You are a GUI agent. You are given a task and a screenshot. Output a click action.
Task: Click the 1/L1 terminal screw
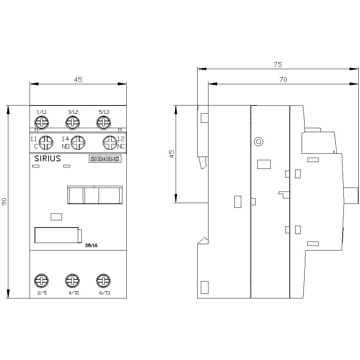pyautogui.click(x=41, y=122)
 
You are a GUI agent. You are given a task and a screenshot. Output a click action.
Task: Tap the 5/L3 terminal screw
pyautogui.click(x=103, y=122)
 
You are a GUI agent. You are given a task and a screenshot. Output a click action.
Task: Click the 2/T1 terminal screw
pyautogui.click(x=41, y=280)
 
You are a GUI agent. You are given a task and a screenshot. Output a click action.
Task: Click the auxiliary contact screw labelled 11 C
pyautogui.click(x=46, y=143)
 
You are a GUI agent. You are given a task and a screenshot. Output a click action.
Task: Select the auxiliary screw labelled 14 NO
pyautogui.click(x=77, y=143)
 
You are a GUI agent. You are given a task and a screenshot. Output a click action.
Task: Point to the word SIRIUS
pyautogui.click(x=47, y=159)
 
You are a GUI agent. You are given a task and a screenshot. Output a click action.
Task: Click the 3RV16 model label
pyautogui.click(x=91, y=246)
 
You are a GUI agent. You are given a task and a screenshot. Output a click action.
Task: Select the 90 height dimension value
pyautogui.click(x=4, y=203)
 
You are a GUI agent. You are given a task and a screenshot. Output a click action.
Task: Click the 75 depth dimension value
pyautogui.click(x=278, y=65)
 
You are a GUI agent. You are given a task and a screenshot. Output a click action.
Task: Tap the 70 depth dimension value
pyautogui.click(x=283, y=80)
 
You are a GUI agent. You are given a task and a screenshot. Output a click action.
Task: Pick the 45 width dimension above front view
pyautogui.click(x=78, y=80)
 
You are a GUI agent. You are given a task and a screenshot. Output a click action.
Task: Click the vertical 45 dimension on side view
pyautogui.click(x=172, y=154)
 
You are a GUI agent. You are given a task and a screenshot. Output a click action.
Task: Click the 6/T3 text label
pyautogui.click(x=104, y=293)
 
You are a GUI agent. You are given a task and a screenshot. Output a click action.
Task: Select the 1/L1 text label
pyautogui.click(x=41, y=112)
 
